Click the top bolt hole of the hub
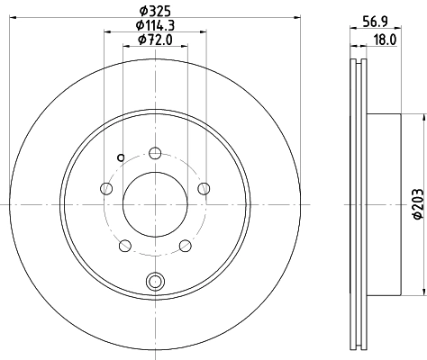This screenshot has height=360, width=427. [x=155, y=152]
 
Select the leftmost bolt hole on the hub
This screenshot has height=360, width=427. [x=106, y=188]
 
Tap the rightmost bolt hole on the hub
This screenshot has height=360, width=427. [x=203, y=187]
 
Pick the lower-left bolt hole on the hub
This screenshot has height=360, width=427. [x=125, y=245]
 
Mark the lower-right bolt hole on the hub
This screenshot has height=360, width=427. [x=185, y=245]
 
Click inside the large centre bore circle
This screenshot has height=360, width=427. [x=155, y=203]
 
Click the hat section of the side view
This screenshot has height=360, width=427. [x=383, y=203]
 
